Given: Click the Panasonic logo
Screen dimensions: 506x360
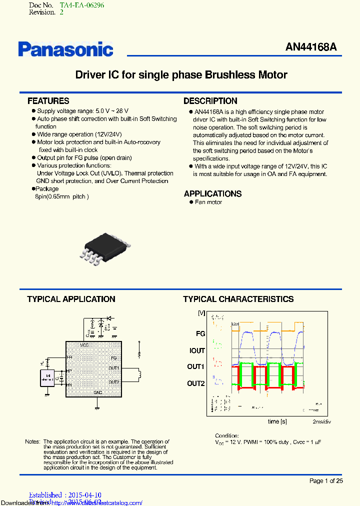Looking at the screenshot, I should (65, 48).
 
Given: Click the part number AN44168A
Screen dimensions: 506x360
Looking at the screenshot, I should (311, 47).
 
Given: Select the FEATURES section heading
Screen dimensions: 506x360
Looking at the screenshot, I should (48, 101).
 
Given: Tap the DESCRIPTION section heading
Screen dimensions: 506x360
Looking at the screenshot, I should (210, 101).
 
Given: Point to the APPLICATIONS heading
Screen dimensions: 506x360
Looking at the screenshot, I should (212, 193).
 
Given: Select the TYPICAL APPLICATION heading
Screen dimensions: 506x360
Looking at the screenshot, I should (71, 299).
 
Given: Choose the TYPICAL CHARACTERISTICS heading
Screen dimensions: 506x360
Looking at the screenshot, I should (238, 299).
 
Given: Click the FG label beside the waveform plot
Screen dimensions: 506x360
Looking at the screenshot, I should (200, 334).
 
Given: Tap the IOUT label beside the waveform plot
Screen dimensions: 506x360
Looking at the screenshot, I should (197, 351).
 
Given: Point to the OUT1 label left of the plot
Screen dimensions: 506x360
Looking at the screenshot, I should (196, 367).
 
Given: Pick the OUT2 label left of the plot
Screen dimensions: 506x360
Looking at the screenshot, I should (196, 383).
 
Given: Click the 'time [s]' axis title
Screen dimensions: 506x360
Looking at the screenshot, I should (277, 421).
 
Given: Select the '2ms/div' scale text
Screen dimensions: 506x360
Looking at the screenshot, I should (322, 422).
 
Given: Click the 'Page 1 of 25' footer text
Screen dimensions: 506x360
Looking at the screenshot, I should (326, 481).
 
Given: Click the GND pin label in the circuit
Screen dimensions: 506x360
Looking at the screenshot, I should (98, 393).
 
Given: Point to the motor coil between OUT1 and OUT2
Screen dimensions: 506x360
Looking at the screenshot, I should (139, 374).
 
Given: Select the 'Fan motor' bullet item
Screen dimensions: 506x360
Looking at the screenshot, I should (208, 202).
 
